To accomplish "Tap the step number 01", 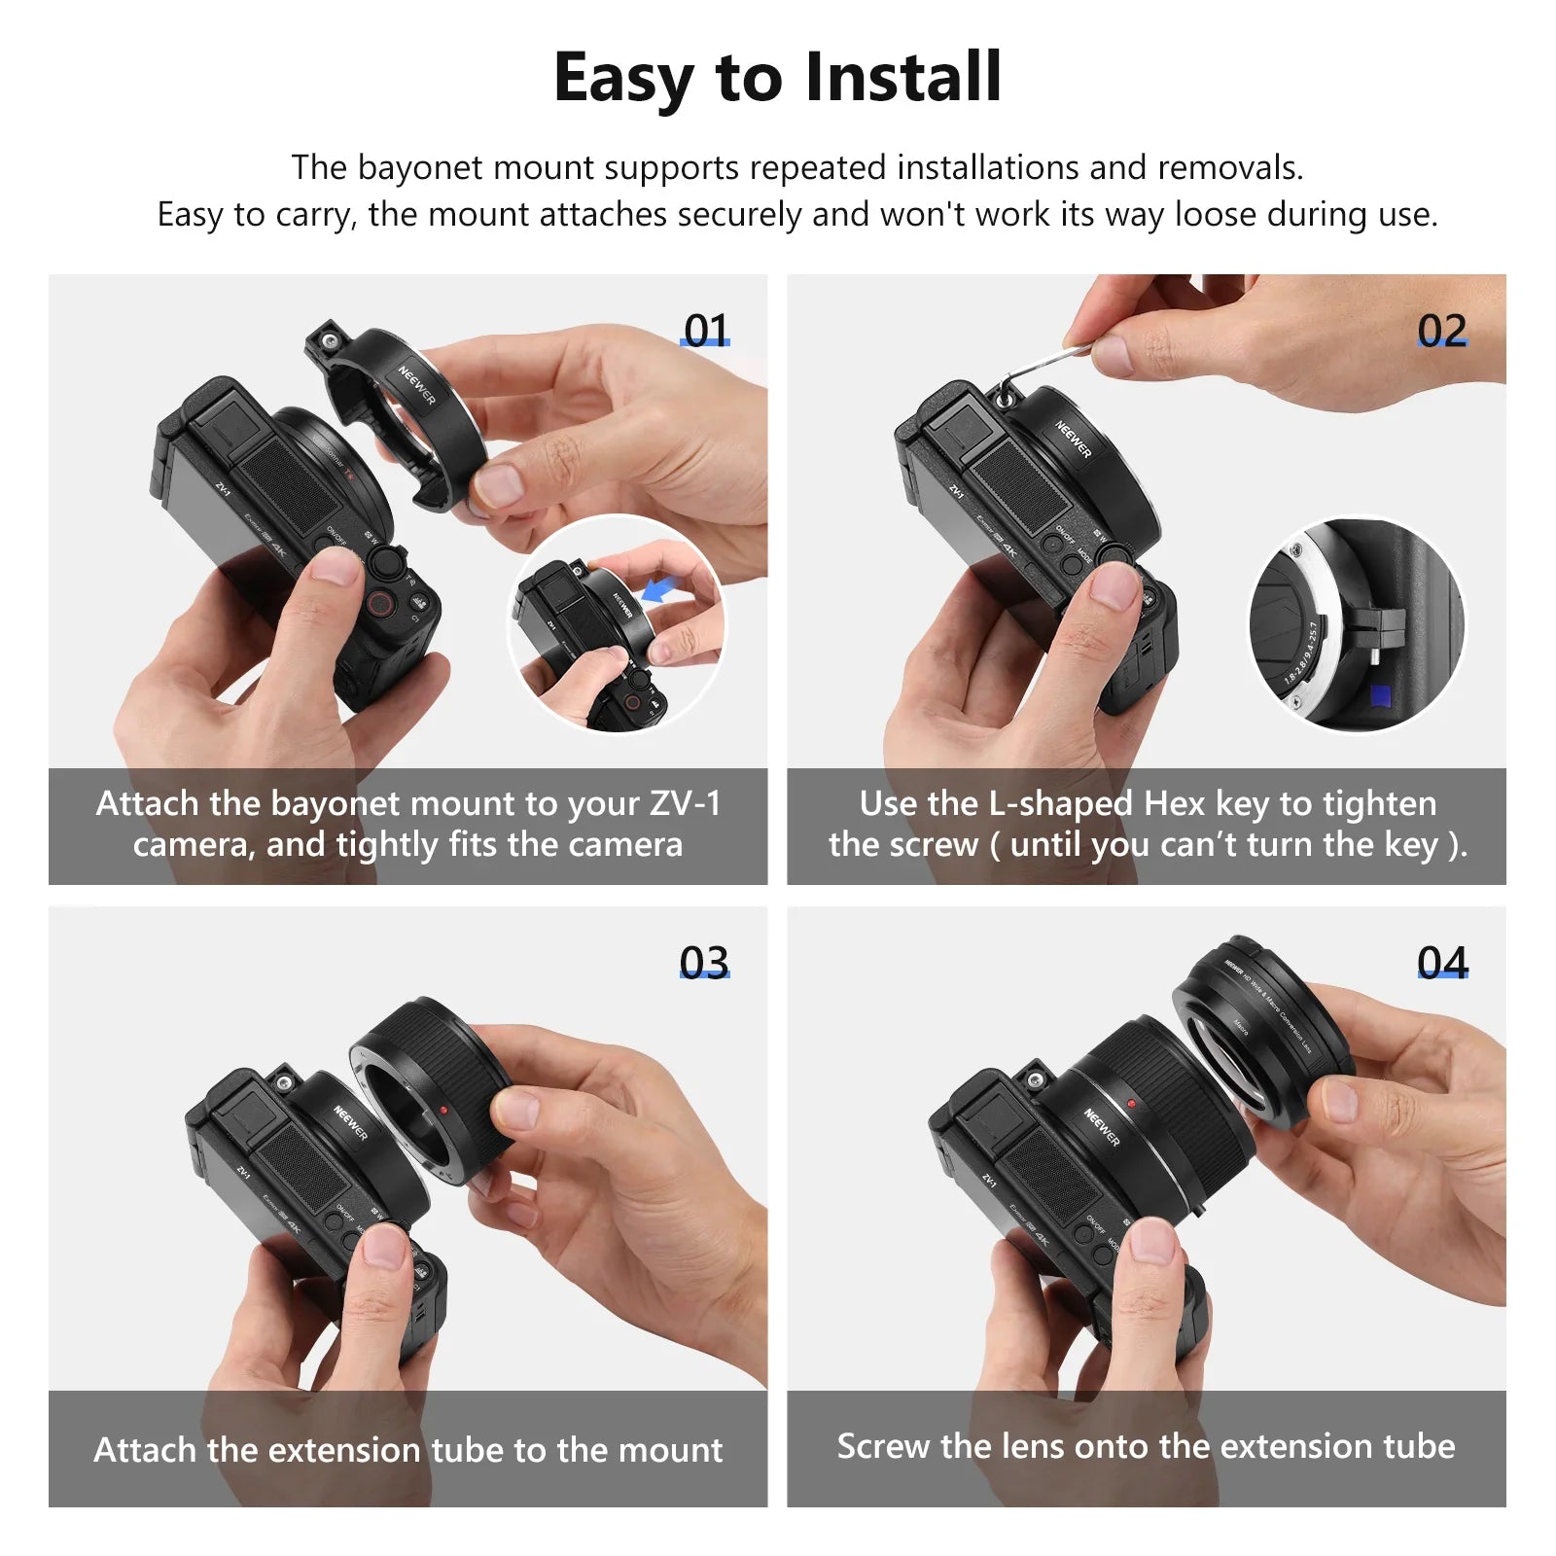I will [x=705, y=332].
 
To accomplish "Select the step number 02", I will [x=1441, y=332].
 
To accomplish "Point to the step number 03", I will [x=704, y=963].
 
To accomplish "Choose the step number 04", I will [x=1441, y=963].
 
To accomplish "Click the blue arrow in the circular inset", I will [x=661, y=588].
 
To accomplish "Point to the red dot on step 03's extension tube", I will [x=443, y=1109].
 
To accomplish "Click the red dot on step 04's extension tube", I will [x=1131, y=1104].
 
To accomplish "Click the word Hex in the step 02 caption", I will [x=1175, y=803].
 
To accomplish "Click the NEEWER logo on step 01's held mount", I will [x=416, y=384].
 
